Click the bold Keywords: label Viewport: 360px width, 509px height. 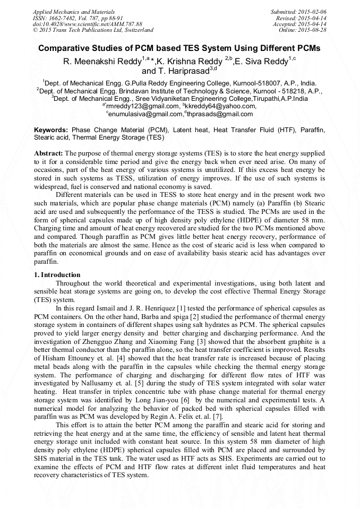(51, 130)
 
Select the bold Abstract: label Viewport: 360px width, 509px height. (49, 153)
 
